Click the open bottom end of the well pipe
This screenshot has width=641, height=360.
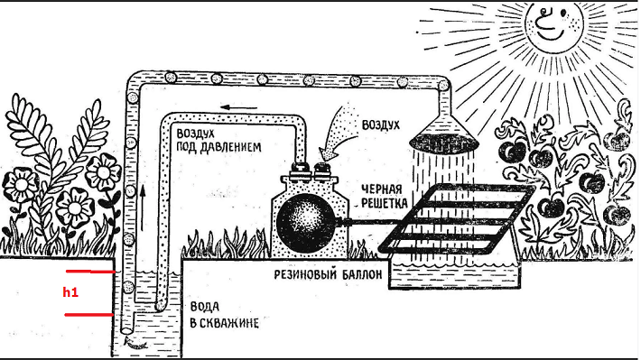click(x=131, y=342)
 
